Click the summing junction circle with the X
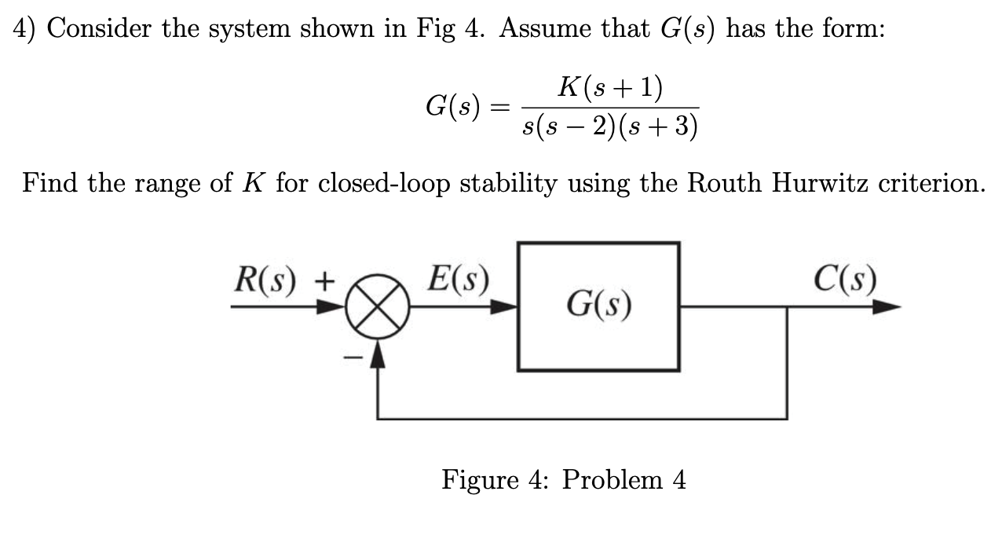(379, 308)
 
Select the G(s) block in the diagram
(598, 306)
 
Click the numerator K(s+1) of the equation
(609, 87)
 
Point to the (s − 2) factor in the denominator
(577, 127)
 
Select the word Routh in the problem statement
(726, 183)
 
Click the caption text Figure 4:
(497, 479)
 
